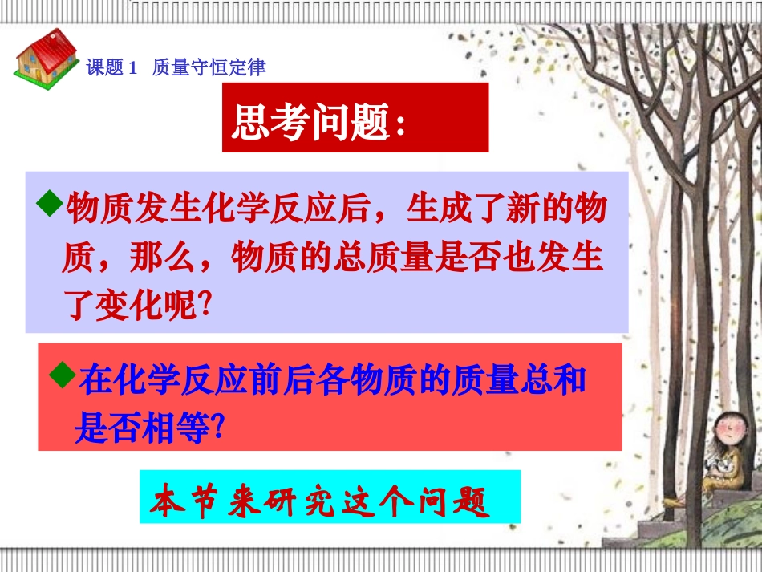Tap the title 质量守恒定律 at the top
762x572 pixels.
209,68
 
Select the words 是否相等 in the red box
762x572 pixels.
140,425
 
